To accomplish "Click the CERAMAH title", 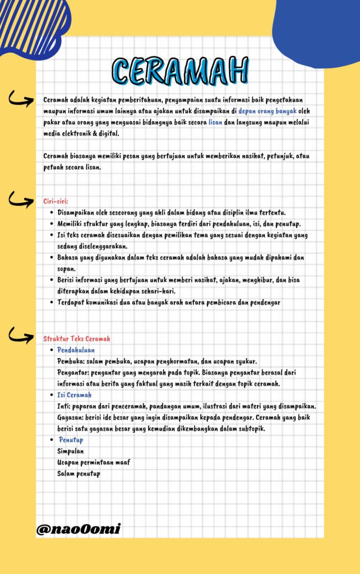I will pos(180,71).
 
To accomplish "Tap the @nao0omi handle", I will pos(79,529).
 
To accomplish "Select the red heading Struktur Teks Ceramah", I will pos(77,339).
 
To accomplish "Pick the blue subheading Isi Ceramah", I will pos(75,395).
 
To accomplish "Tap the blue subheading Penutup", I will pos(71,440).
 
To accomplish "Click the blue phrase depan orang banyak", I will pos(268,110).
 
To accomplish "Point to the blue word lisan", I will pos(215,122).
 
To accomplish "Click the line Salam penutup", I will pos(79,474).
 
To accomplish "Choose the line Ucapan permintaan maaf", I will pos(94,462).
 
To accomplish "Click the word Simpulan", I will pos(71,451).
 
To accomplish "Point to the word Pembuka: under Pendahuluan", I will pos(71,361).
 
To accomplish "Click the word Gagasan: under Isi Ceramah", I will pos(71,418).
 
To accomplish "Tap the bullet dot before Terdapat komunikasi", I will pos(52,303).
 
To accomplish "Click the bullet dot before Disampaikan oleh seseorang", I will pos(52,213).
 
